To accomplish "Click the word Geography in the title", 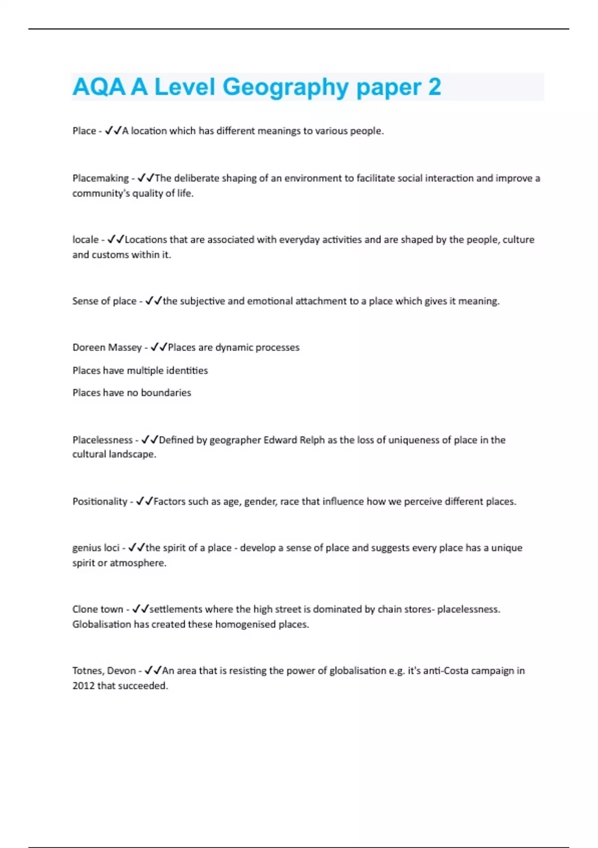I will click(286, 87).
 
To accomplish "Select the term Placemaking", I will click(100, 178).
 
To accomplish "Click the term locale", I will click(85, 239).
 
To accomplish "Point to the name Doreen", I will click(88, 347).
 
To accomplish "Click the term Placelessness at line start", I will click(102, 440).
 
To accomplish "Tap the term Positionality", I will click(100, 501).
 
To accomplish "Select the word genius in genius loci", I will click(86, 548).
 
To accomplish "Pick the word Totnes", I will click(87, 671).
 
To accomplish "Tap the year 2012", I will click(83, 686).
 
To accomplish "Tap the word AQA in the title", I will click(99, 87).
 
